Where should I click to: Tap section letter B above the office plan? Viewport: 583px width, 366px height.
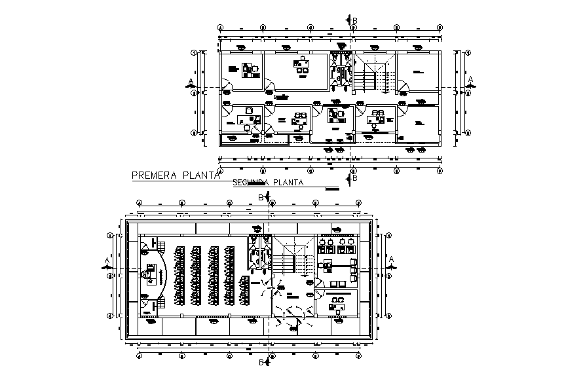pos(355,20)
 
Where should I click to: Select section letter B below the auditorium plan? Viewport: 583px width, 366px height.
pos(260,361)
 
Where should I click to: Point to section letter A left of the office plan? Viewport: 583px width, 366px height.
pos(191,81)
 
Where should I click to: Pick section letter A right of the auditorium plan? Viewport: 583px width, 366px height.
pos(392,260)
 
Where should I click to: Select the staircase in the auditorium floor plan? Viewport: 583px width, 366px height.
pos(289,257)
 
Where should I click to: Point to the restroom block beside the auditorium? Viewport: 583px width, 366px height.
pos(259,252)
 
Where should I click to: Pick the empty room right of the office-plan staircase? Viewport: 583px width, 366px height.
pos(419,72)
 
